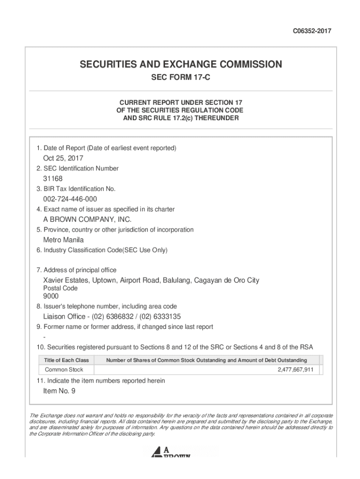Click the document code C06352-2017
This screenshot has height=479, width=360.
point(312,31)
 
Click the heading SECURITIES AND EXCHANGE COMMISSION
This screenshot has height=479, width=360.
point(180,65)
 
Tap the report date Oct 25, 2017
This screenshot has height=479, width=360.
point(63,159)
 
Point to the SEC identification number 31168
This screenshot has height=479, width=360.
point(53,179)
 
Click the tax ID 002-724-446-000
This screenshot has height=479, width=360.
point(70,199)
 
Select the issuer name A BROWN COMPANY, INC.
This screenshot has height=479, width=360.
point(87,219)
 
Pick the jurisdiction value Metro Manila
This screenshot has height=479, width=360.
point(64,240)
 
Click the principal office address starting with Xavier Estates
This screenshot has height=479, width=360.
point(151,280)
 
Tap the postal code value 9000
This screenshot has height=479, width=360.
point(51,296)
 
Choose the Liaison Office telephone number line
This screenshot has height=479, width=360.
point(112,316)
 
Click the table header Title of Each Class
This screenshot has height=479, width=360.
point(66,360)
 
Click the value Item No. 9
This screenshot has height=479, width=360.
point(59,391)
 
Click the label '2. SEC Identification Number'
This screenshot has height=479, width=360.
point(78,168)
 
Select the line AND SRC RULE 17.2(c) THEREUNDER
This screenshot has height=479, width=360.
point(180,118)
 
